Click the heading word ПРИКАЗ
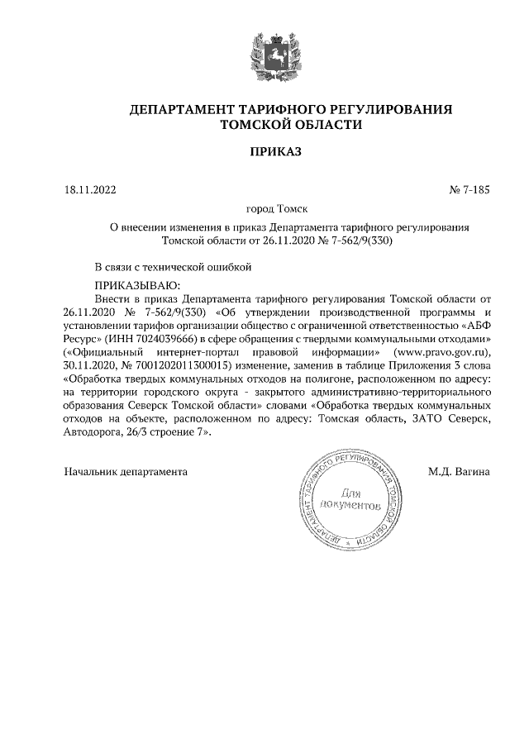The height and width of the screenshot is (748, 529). pos(264,152)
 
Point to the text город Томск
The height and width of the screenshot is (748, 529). pos(264,211)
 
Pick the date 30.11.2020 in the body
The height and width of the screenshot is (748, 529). pos(92,365)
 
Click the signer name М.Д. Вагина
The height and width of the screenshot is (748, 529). pos(459,472)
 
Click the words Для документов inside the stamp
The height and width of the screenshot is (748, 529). pos(351,497)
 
